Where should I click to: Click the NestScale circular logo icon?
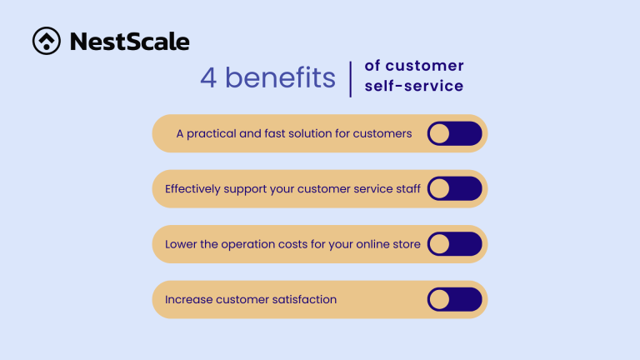[46, 41]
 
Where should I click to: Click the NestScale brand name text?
[129, 41]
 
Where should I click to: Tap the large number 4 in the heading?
[208, 77]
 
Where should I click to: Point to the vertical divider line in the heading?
[352, 77]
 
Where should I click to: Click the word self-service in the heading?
[414, 86]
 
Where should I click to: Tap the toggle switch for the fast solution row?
[454, 133]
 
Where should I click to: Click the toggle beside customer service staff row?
[454, 188]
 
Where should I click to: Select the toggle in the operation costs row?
[454, 244]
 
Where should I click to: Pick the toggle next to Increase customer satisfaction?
[454, 299]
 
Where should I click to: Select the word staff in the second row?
[407, 188]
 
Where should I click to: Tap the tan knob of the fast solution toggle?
[439, 133]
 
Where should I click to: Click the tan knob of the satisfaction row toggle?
[439, 299]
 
